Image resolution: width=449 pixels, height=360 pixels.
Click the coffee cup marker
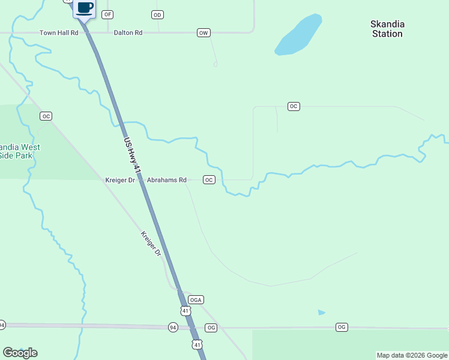click(x=84, y=8)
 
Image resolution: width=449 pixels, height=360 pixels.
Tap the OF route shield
click(x=108, y=14)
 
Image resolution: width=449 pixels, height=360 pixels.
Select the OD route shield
click(x=157, y=14)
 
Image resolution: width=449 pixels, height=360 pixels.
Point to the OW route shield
click(x=203, y=32)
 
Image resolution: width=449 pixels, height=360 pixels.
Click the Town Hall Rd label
click(x=59, y=32)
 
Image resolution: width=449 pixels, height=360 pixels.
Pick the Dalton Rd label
click(x=128, y=32)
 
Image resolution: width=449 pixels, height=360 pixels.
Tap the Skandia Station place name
click(x=387, y=29)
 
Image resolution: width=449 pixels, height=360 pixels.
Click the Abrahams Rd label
click(x=167, y=179)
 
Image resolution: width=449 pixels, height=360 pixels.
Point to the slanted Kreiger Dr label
click(x=151, y=244)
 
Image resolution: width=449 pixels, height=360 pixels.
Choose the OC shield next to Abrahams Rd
click(x=209, y=179)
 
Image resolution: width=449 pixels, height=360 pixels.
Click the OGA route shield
click(x=196, y=299)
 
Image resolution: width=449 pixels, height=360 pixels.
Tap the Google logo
click(x=20, y=353)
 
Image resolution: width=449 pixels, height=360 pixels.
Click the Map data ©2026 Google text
click(x=412, y=355)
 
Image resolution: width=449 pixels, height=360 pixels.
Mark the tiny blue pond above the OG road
click(x=322, y=313)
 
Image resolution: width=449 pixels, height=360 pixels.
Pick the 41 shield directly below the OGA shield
click(x=185, y=310)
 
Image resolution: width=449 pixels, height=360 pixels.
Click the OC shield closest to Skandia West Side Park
click(x=46, y=116)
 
